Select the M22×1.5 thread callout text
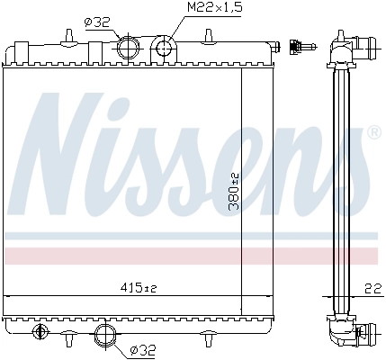(213, 10)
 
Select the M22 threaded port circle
(163, 47)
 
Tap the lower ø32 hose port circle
(105, 336)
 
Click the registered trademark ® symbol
(373, 133)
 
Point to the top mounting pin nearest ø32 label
(68, 35)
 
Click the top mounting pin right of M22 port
(208, 36)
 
